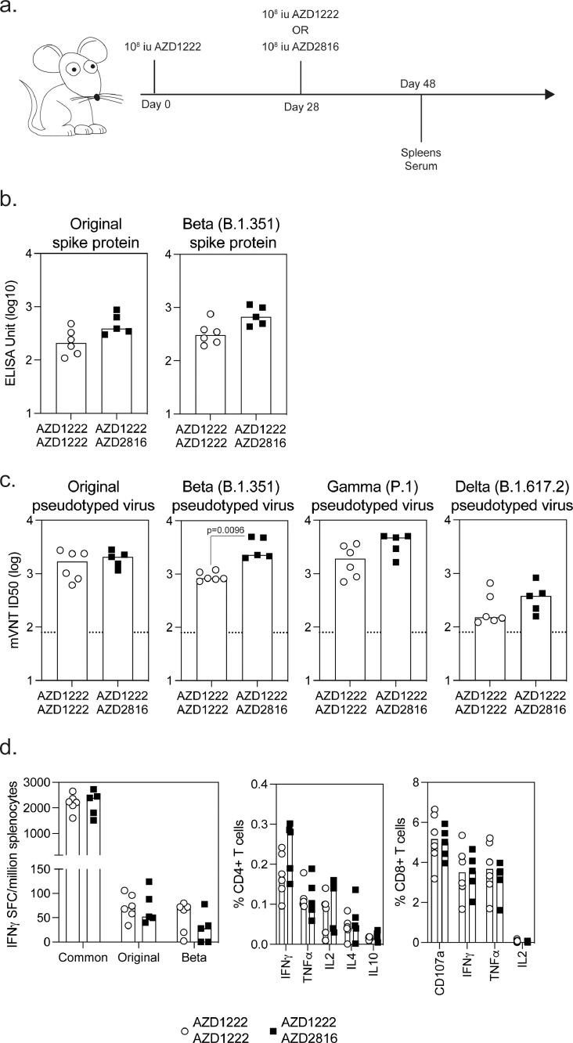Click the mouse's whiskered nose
click(x=96, y=97)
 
